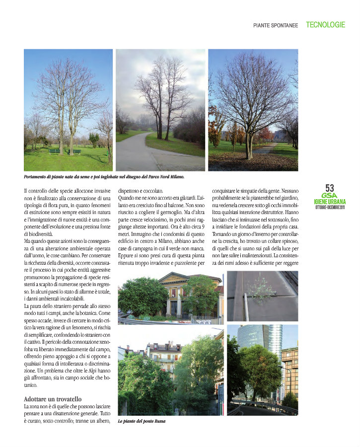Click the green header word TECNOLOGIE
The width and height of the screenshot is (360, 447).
[325, 24]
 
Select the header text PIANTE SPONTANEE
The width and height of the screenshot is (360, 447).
[276, 25]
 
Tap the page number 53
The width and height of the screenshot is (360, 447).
[330, 188]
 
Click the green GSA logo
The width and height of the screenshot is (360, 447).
[330, 196]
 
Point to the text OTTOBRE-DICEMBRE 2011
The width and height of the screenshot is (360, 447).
[330, 207]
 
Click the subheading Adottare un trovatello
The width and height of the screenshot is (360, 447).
[53, 399]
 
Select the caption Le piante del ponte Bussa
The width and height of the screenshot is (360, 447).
[142, 421]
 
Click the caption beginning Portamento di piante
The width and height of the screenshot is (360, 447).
[104, 176]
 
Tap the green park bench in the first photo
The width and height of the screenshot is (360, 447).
[55, 151]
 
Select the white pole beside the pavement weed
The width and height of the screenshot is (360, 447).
[244, 306]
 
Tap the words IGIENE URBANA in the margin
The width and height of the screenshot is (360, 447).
[330, 202]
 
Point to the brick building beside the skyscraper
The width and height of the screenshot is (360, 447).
[290, 368]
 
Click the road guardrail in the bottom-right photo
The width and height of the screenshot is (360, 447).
[263, 406]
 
